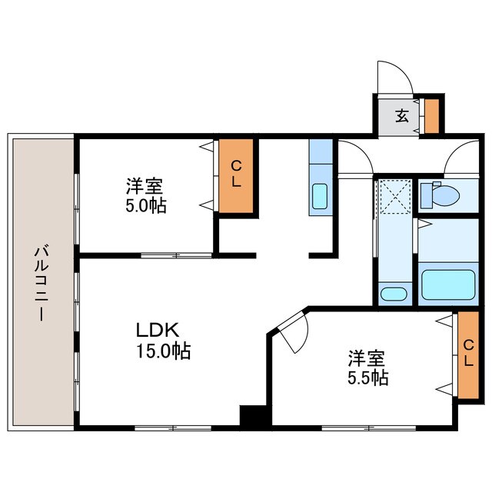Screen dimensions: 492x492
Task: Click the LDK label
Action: (158, 330)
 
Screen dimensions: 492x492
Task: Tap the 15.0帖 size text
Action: (163, 351)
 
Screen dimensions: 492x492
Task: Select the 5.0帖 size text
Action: (146, 206)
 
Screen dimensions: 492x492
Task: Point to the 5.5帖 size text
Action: (367, 377)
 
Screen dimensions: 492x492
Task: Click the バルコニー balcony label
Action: (42, 284)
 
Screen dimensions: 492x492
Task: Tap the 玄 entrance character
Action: (402, 116)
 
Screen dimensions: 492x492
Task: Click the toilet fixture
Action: (440, 194)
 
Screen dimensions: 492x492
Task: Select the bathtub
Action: (448, 284)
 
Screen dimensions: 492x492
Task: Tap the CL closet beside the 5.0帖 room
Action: (236, 176)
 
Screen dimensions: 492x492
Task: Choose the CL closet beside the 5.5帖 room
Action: (468, 354)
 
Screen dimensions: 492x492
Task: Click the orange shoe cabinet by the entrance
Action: (432, 116)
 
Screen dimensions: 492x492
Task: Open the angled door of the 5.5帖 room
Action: (292, 333)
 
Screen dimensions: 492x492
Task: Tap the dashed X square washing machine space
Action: (394, 197)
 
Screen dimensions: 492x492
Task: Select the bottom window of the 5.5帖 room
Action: (369, 427)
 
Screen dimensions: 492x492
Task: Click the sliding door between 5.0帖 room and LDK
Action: (176, 256)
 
